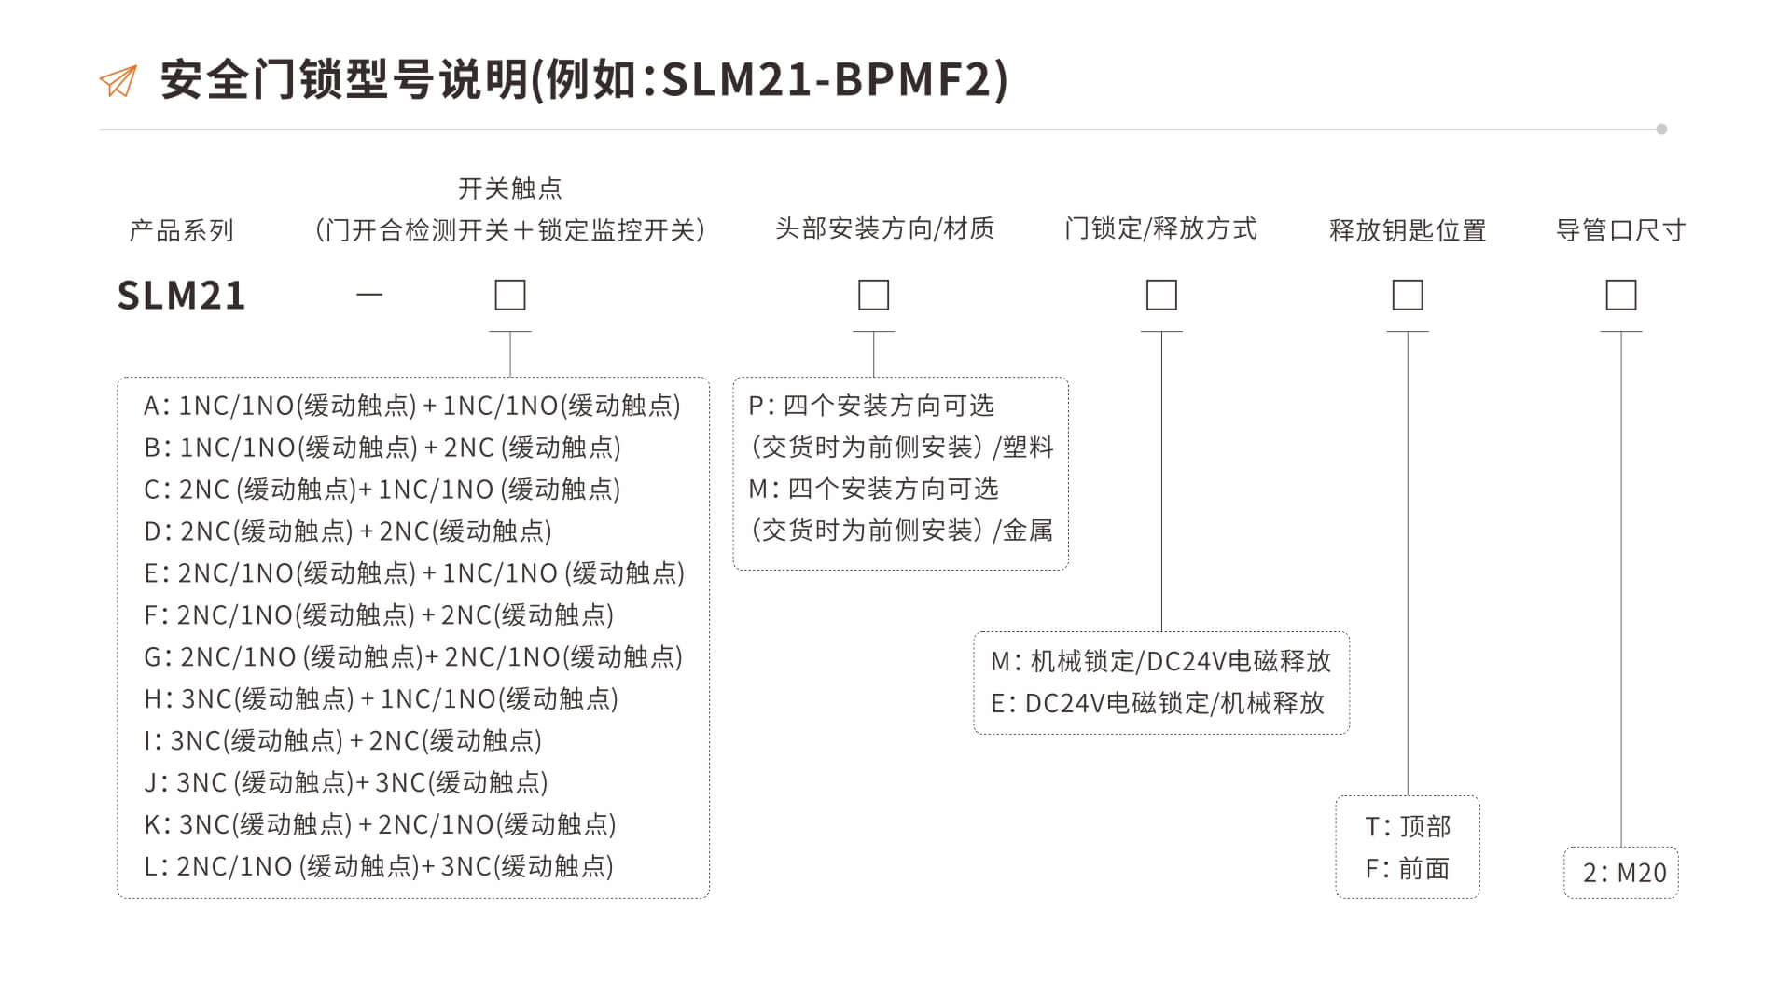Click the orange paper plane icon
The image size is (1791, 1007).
pos(118,81)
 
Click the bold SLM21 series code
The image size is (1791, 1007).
pos(181,296)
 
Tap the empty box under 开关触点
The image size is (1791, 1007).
pos(510,296)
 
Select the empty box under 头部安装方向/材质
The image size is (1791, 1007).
pos(874,296)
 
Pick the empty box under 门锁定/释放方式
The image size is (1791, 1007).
pos(1161,296)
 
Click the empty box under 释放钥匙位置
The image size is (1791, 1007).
pos(1408,296)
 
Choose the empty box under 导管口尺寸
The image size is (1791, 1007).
pos(1621,296)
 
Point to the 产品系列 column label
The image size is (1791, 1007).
pos(181,230)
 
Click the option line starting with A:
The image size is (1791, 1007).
pos(412,406)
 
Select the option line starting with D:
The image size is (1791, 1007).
pos(348,531)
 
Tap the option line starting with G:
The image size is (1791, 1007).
pos(413,657)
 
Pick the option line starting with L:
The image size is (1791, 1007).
pos(379,867)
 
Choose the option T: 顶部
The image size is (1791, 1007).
pos(1408,827)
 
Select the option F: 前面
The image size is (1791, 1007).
pos(1408,869)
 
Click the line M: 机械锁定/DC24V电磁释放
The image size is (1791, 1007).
pos(1160,662)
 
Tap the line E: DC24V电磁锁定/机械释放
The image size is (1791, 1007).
pos(1158,704)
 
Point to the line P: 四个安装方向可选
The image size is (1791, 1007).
pos(871,406)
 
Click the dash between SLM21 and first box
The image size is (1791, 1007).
pos(369,295)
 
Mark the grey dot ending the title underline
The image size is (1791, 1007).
pos(1661,130)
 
